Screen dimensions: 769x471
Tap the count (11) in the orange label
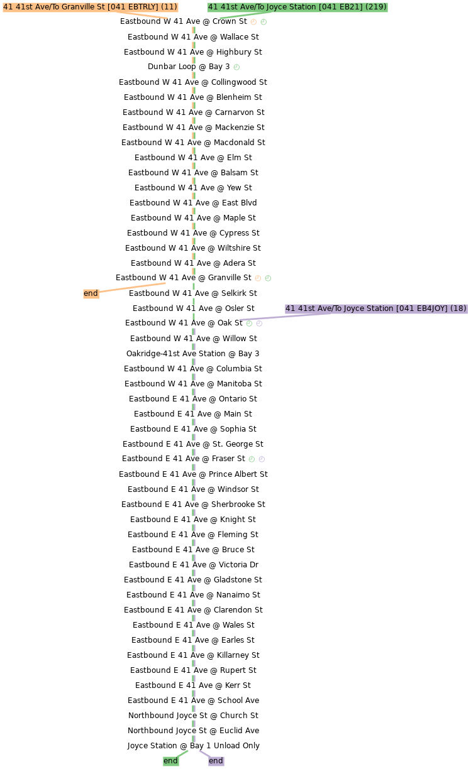click(x=169, y=7)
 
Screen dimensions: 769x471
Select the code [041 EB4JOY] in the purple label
click(x=422, y=308)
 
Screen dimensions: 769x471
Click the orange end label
click(x=91, y=293)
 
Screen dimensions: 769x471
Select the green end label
click(x=170, y=761)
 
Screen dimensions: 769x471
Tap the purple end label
click(x=216, y=761)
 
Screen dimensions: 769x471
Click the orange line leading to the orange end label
click(x=132, y=288)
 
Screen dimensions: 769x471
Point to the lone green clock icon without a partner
click(x=236, y=67)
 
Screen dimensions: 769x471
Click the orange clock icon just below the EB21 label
click(x=253, y=22)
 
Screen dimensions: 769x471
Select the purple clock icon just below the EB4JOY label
click(x=259, y=324)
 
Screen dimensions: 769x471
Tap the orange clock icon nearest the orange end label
click(x=258, y=278)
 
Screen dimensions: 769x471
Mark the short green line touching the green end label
click(x=182, y=753)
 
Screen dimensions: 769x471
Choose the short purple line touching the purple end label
click(x=204, y=753)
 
